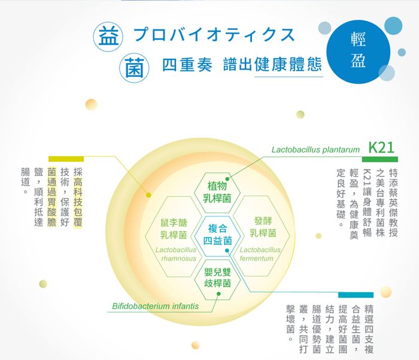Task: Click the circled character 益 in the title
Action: click(x=108, y=37)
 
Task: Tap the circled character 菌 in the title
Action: click(x=134, y=68)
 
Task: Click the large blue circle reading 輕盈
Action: click(x=358, y=52)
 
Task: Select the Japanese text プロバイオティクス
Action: click(x=214, y=35)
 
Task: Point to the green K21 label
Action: click(x=381, y=147)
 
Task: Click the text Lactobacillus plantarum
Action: click(x=315, y=150)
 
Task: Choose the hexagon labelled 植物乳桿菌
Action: click(x=217, y=192)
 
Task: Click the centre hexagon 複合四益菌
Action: click(x=217, y=235)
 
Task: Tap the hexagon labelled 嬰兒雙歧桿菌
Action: click(x=217, y=279)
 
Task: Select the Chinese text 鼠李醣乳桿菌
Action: click(x=174, y=229)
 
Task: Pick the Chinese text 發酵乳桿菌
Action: click(x=263, y=227)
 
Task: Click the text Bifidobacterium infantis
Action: click(x=155, y=306)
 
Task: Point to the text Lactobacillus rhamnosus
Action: click(x=176, y=254)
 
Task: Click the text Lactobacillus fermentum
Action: click(x=260, y=254)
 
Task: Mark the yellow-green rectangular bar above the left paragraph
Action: click(x=66, y=159)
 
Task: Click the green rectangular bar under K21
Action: click(x=379, y=159)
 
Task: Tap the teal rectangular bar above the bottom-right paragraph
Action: click(x=356, y=295)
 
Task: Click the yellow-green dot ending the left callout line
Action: click(x=148, y=195)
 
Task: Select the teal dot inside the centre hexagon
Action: click(x=227, y=250)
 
